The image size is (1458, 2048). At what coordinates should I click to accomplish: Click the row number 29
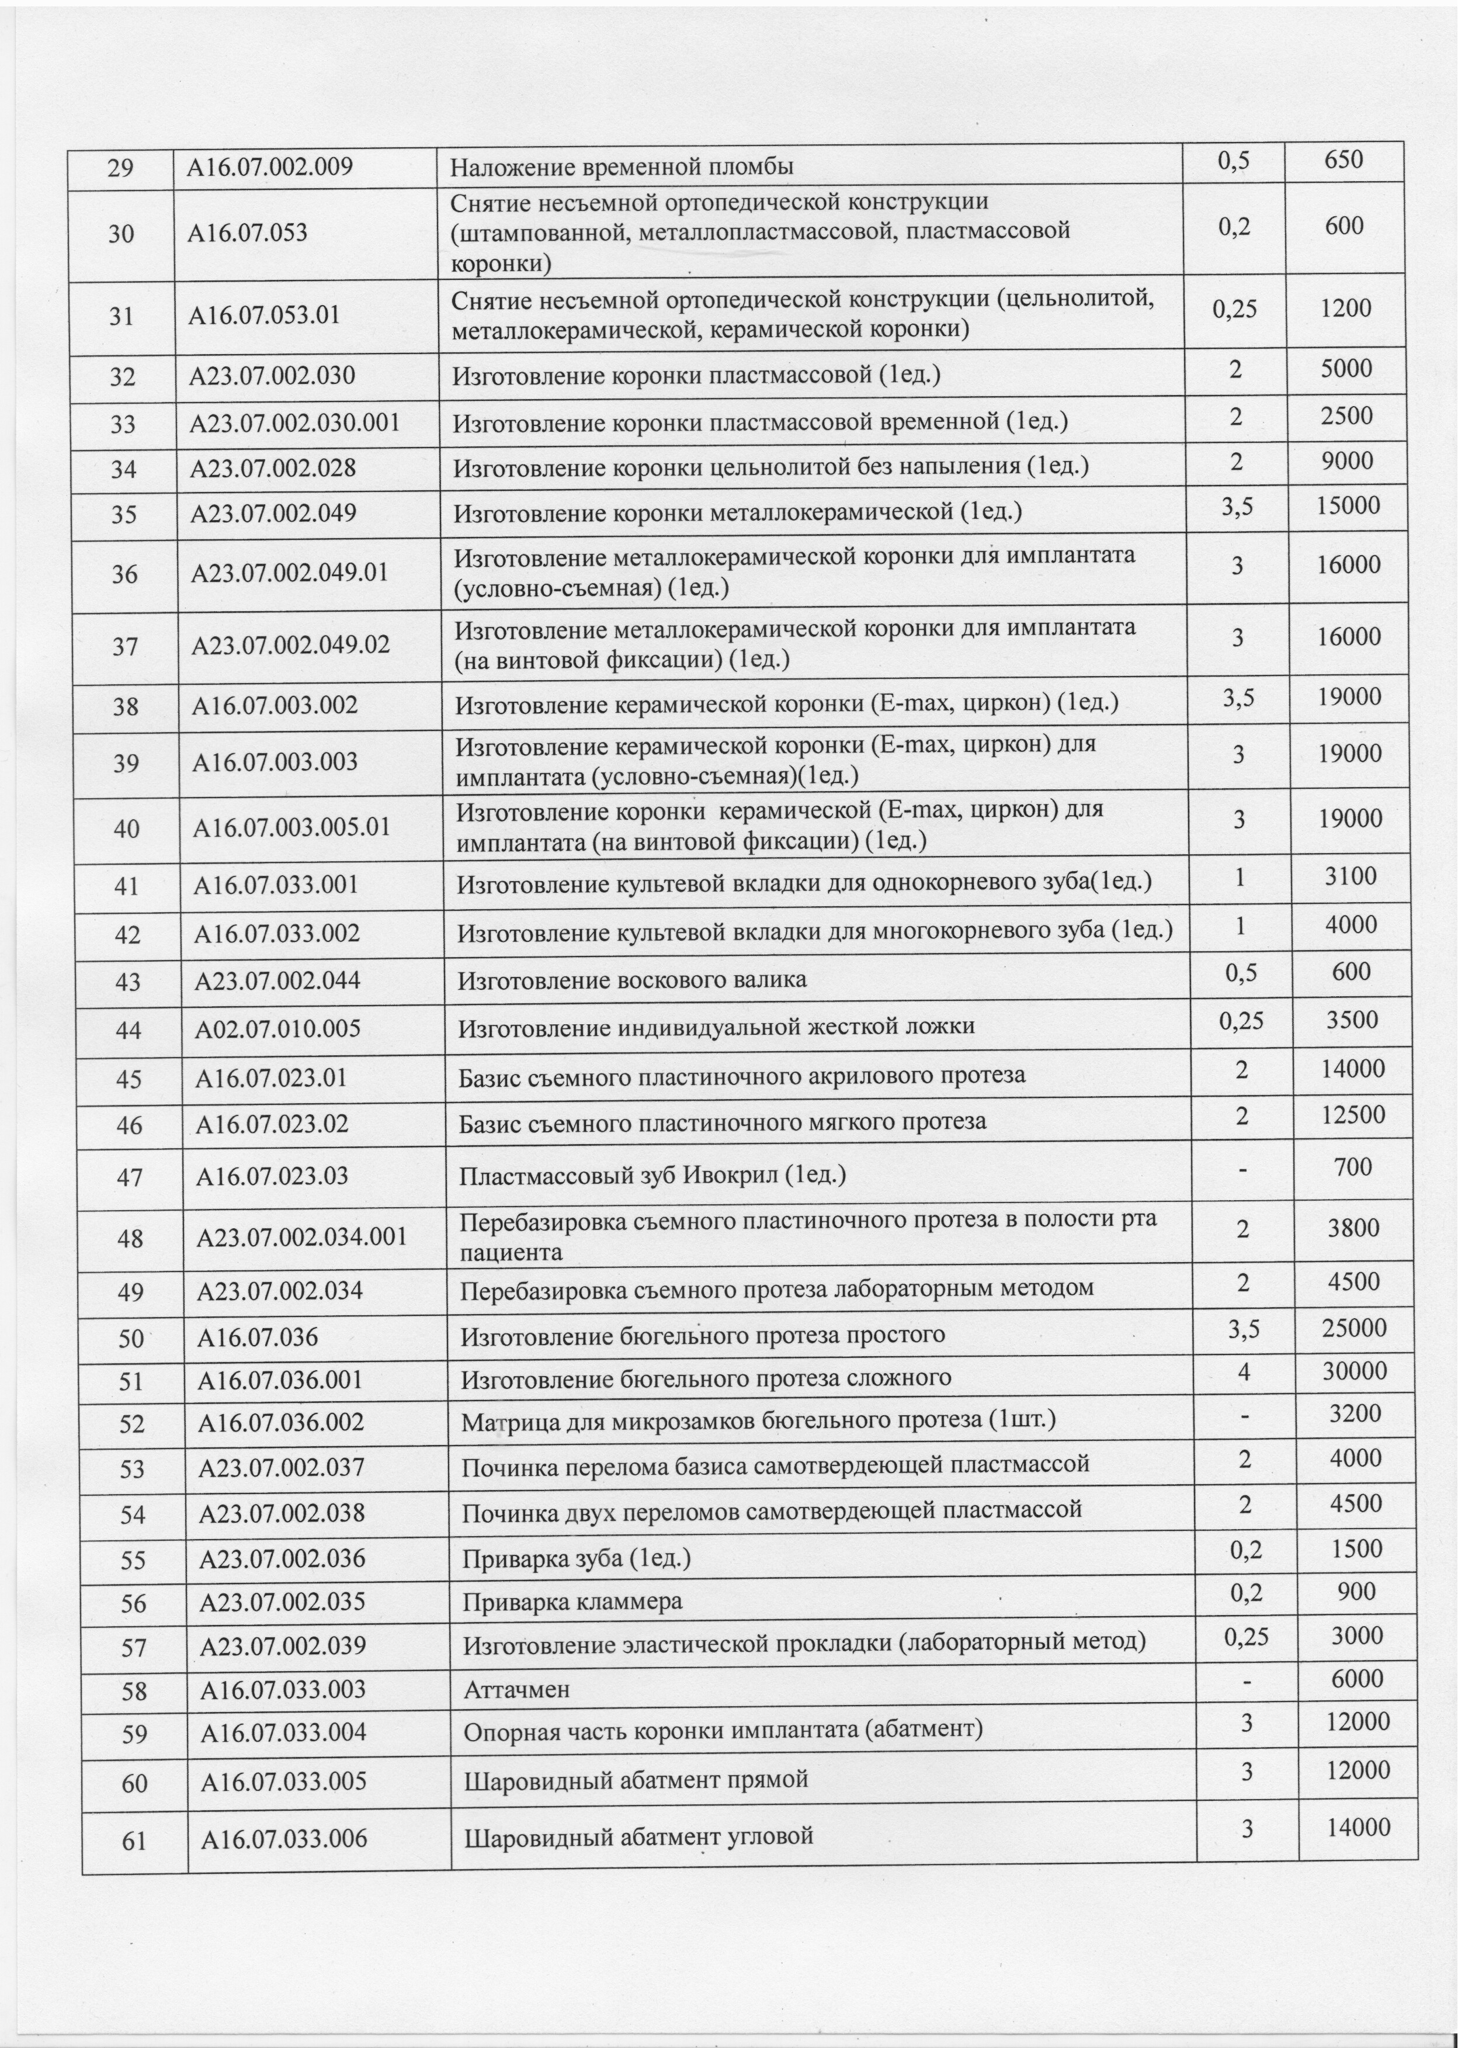pos(121,166)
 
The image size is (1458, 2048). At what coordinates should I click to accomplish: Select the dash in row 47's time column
pos(1240,1166)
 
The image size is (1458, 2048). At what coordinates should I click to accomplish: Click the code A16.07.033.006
pos(284,1814)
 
